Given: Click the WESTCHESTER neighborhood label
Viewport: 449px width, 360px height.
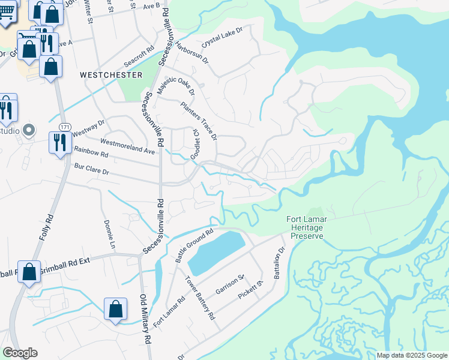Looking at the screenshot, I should coord(112,75).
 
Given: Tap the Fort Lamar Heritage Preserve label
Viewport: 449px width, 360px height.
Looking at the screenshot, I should coord(307,228).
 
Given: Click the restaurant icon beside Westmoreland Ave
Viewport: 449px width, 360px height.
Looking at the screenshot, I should coord(59,143).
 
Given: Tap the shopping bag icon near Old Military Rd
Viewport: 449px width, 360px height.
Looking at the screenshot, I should coord(115,310).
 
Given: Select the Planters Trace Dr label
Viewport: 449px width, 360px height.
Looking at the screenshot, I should coord(199,121).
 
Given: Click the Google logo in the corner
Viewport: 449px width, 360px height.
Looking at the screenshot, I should coord(20,353).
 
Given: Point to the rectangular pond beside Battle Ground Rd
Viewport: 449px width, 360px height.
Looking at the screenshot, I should coord(215,252).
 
